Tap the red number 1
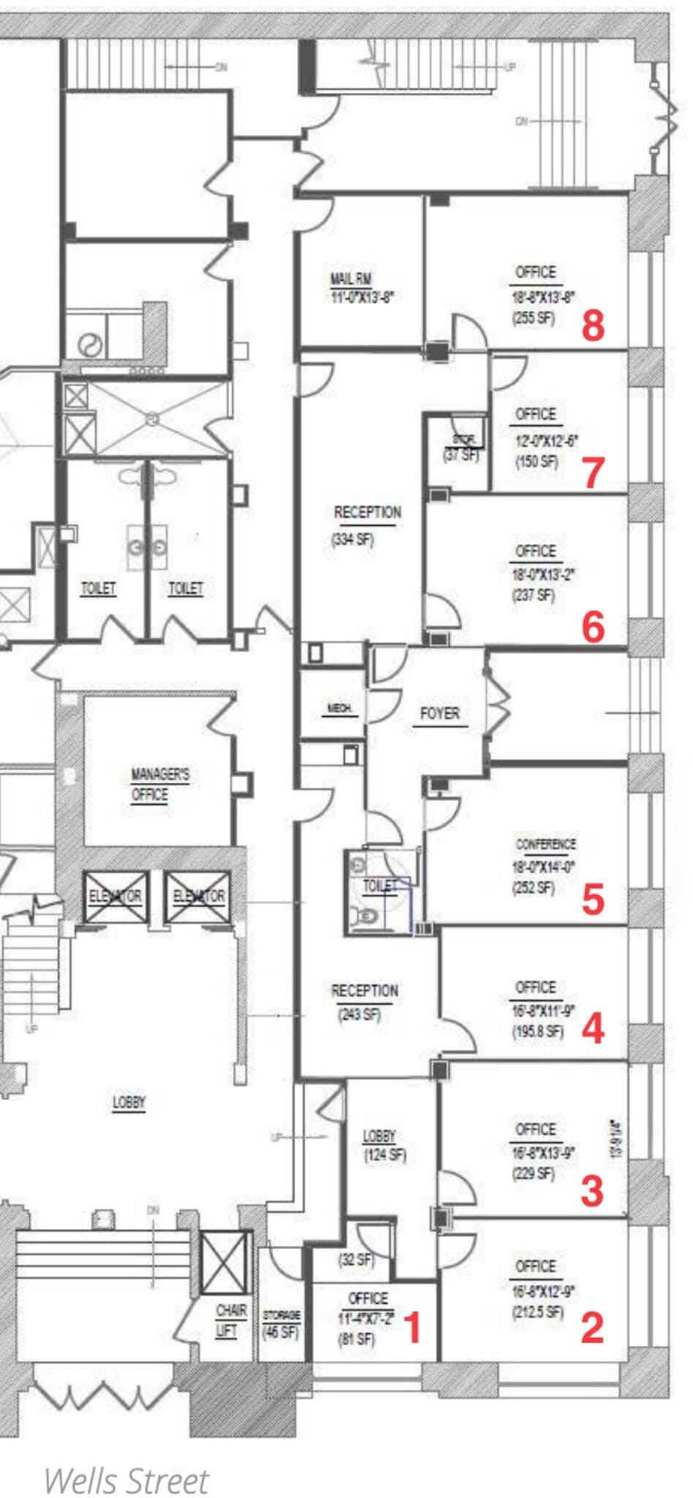coord(413,1328)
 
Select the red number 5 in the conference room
coord(593,899)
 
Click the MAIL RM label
coord(351,279)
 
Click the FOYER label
coord(439,713)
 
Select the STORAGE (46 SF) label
coord(281,1324)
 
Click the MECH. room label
coord(338,708)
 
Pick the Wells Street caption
coord(126,1480)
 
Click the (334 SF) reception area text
coord(353,540)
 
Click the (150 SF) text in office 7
coord(535,462)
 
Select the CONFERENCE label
coord(545,844)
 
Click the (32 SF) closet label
coord(356,1260)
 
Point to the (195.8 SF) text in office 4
coord(538,1031)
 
